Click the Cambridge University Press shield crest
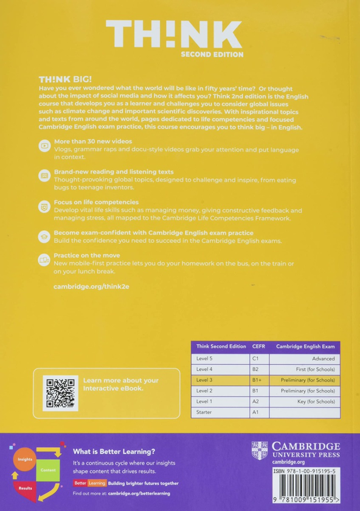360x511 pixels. pos(260,451)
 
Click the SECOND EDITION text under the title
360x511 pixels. pos(212,55)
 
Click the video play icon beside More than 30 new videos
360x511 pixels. pos(44,145)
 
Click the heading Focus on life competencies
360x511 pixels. pos(96,202)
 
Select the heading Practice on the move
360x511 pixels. pos(87,255)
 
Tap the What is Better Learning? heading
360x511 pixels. pos(114,451)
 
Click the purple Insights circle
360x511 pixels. pos(25,459)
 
